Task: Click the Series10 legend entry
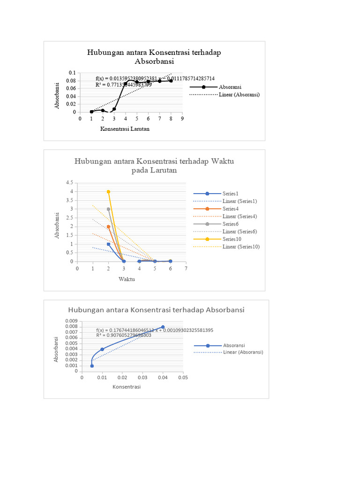[x=232, y=239]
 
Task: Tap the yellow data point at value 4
[x=108, y=191]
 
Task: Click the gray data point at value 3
[x=108, y=209]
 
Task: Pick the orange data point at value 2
[x=108, y=226]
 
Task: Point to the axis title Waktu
[x=127, y=279]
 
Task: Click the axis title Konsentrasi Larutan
[x=125, y=129]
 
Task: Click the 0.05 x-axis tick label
[x=183, y=377]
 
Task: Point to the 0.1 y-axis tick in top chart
[x=72, y=73]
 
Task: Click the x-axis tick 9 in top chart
[x=182, y=119]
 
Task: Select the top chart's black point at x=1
[x=91, y=112]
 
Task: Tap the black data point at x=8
[x=171, y=81]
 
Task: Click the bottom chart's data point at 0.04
[x=163, y=327]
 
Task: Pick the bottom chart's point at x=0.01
[x=102, y=349]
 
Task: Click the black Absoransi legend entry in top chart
[x=230, y=87]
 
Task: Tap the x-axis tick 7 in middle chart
[x=186, y=269]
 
